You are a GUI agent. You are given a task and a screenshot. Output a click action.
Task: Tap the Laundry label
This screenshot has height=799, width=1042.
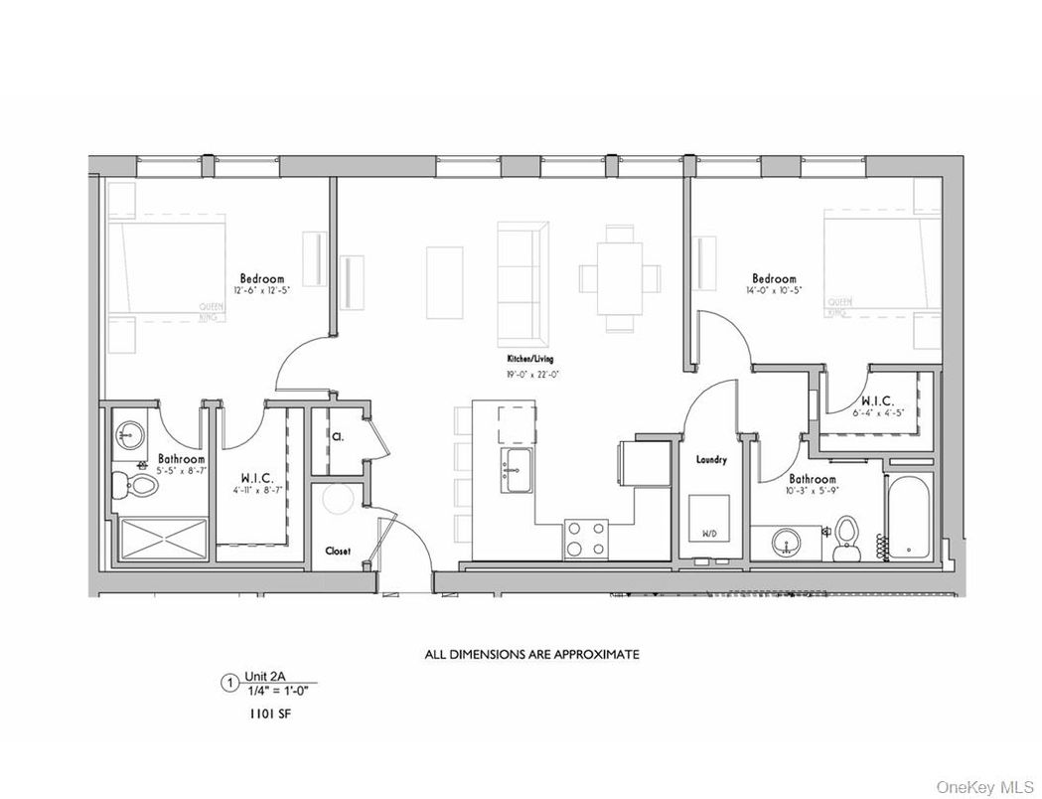tap(711, 460)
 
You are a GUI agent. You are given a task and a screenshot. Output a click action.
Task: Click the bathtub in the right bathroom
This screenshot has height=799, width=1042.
tap(911, 517)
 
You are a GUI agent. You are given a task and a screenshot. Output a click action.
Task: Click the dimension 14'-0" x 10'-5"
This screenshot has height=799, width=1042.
tap(774, 290)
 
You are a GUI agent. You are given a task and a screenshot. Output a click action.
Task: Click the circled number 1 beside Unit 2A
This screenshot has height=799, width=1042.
tap(229, 683)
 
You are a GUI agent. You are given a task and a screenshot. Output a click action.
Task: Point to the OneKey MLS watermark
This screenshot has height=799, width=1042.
tap(986, 781)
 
